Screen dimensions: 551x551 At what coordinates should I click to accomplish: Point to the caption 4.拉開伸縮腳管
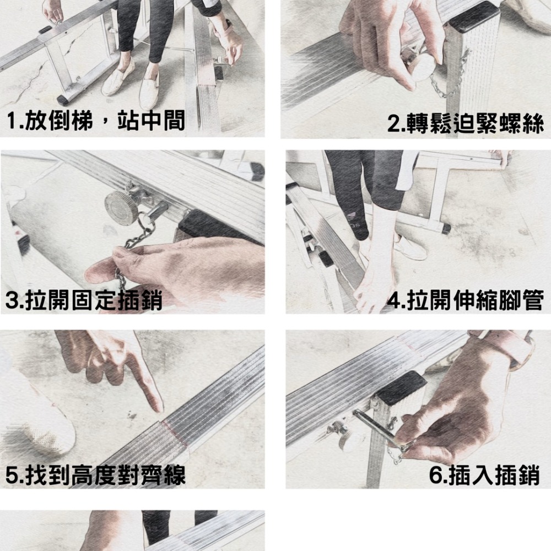tap(465, 301)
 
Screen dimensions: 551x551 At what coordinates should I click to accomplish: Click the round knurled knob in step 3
tap(121, 208)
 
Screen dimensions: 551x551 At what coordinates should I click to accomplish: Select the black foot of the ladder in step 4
tap(446, 228)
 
